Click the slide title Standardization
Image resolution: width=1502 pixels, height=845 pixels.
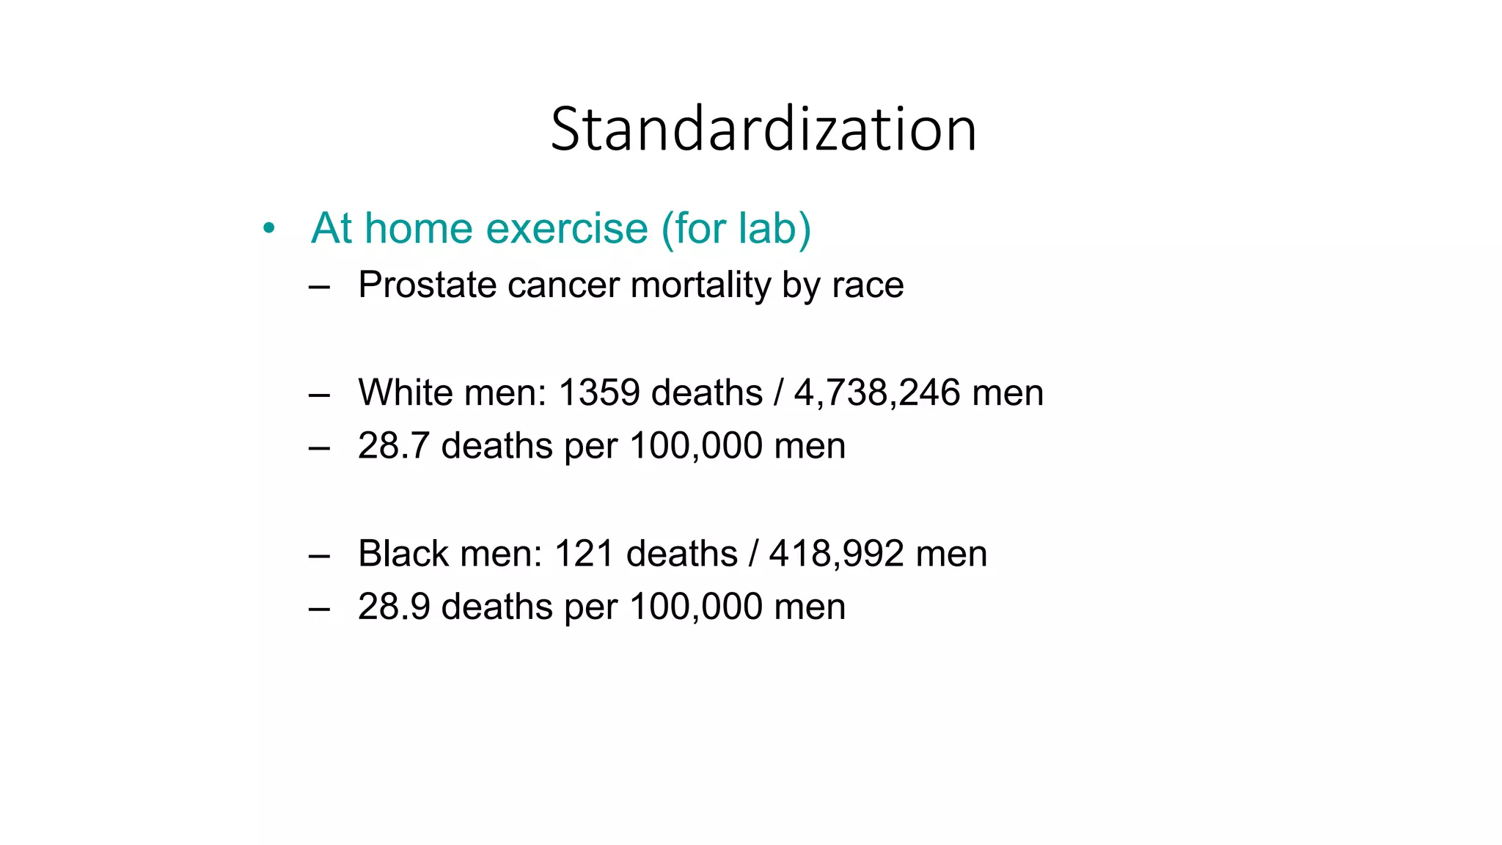point(763,129)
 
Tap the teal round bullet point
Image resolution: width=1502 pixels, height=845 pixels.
point(269,229)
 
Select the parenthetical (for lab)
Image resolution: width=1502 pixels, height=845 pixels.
point(736,228)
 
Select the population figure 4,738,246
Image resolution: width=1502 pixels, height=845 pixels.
point(877,392)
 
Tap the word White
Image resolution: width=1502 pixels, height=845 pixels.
point(406,392)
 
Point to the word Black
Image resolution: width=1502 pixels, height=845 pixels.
point(403,553)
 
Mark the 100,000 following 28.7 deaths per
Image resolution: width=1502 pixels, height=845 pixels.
point(696,445)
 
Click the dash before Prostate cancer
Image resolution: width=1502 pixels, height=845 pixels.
point(319,286)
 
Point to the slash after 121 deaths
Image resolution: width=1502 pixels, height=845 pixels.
point(753,553)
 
